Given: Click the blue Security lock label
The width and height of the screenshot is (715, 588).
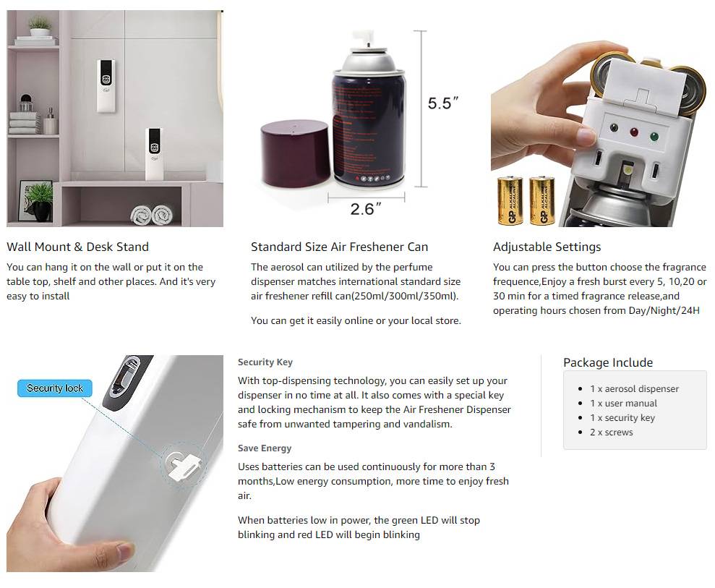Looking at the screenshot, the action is coord(55,388).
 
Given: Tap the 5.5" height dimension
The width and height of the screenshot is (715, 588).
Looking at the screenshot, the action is coord(442,103).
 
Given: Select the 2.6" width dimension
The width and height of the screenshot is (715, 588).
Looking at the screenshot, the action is coord(365,209).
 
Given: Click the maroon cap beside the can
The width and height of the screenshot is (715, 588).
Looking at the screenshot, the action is coord(295,154).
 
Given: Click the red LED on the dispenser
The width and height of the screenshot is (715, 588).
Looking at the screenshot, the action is coord(634,132).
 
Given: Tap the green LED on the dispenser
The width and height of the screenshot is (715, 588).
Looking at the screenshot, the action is coord(654,136).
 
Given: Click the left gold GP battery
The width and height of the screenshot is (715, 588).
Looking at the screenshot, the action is coord(510,201).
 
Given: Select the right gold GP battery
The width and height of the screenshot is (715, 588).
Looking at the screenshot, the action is coord(541,201).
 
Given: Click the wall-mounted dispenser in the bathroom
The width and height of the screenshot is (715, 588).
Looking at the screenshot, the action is coord(106,85).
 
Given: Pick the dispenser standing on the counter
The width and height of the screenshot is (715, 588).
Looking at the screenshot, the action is coord(155,154).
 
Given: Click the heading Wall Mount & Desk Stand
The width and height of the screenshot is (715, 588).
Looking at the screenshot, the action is coord(77,247).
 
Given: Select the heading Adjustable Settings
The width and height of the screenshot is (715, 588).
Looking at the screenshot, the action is coord(547,247).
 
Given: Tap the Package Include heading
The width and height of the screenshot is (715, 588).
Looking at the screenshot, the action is coord(608,362).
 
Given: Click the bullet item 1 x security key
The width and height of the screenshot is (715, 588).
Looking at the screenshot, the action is coord(622,418).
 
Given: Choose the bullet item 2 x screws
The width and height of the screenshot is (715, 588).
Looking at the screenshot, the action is coord(611,432).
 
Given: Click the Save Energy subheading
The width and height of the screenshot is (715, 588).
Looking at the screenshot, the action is coord(265,448).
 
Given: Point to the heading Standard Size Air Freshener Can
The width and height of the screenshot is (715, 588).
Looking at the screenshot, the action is coord(339,247).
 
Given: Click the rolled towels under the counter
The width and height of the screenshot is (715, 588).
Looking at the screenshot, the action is coord(152,214).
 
